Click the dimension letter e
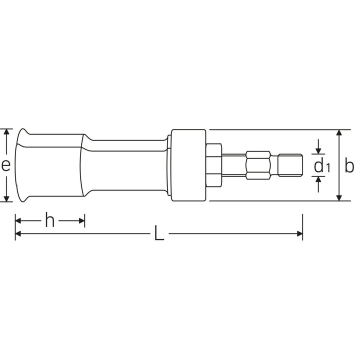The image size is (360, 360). (x=5, y=165)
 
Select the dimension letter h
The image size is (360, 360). (x=49, y=220)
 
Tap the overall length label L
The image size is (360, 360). (x=158, y=234)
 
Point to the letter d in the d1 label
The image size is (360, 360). (x=318, y=166)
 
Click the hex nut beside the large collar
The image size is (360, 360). (x=213, y=165)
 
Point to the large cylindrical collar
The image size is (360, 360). (x=188, y=165)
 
